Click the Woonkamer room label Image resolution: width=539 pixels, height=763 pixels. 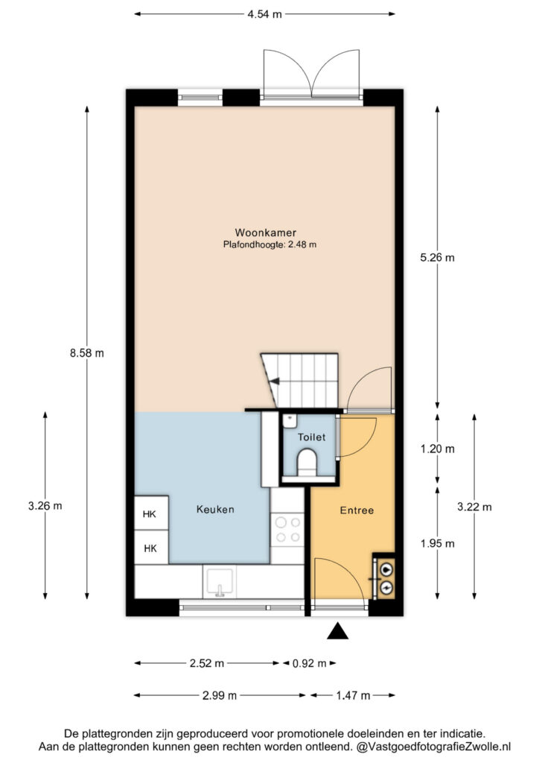(x=265, y=232)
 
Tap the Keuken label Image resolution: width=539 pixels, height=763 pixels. (x=215, y=510)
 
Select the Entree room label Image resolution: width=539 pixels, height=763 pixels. (x=357, y=510)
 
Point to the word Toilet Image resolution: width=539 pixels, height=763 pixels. (x=311, y=437)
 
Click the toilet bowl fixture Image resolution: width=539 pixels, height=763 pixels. (x=307, y=463)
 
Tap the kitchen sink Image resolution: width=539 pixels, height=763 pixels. (x=220, y=582)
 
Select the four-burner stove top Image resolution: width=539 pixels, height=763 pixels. (x=287, y=530)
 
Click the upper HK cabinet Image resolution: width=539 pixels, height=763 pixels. (x=151, y=513)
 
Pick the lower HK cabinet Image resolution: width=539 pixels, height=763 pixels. (x=151, y=548)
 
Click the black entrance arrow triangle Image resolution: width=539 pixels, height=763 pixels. (x=338, y=631)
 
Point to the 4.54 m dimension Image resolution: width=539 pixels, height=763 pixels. (x=264, y=14)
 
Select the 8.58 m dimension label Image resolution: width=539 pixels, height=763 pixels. (x=87, y=353)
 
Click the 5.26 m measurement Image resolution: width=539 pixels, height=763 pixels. (x=438, y=257)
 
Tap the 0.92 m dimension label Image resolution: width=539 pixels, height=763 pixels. (x=310, y=663)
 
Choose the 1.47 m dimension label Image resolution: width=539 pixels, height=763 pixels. (x=353, y=696)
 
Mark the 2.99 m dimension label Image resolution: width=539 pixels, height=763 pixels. (x=220, y=696)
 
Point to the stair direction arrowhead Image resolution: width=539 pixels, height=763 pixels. (x=275, y=381)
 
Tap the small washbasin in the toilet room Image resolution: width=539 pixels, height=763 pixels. (x=290, y=420)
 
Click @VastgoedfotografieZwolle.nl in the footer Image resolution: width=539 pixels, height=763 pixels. (x=433, y=747)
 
